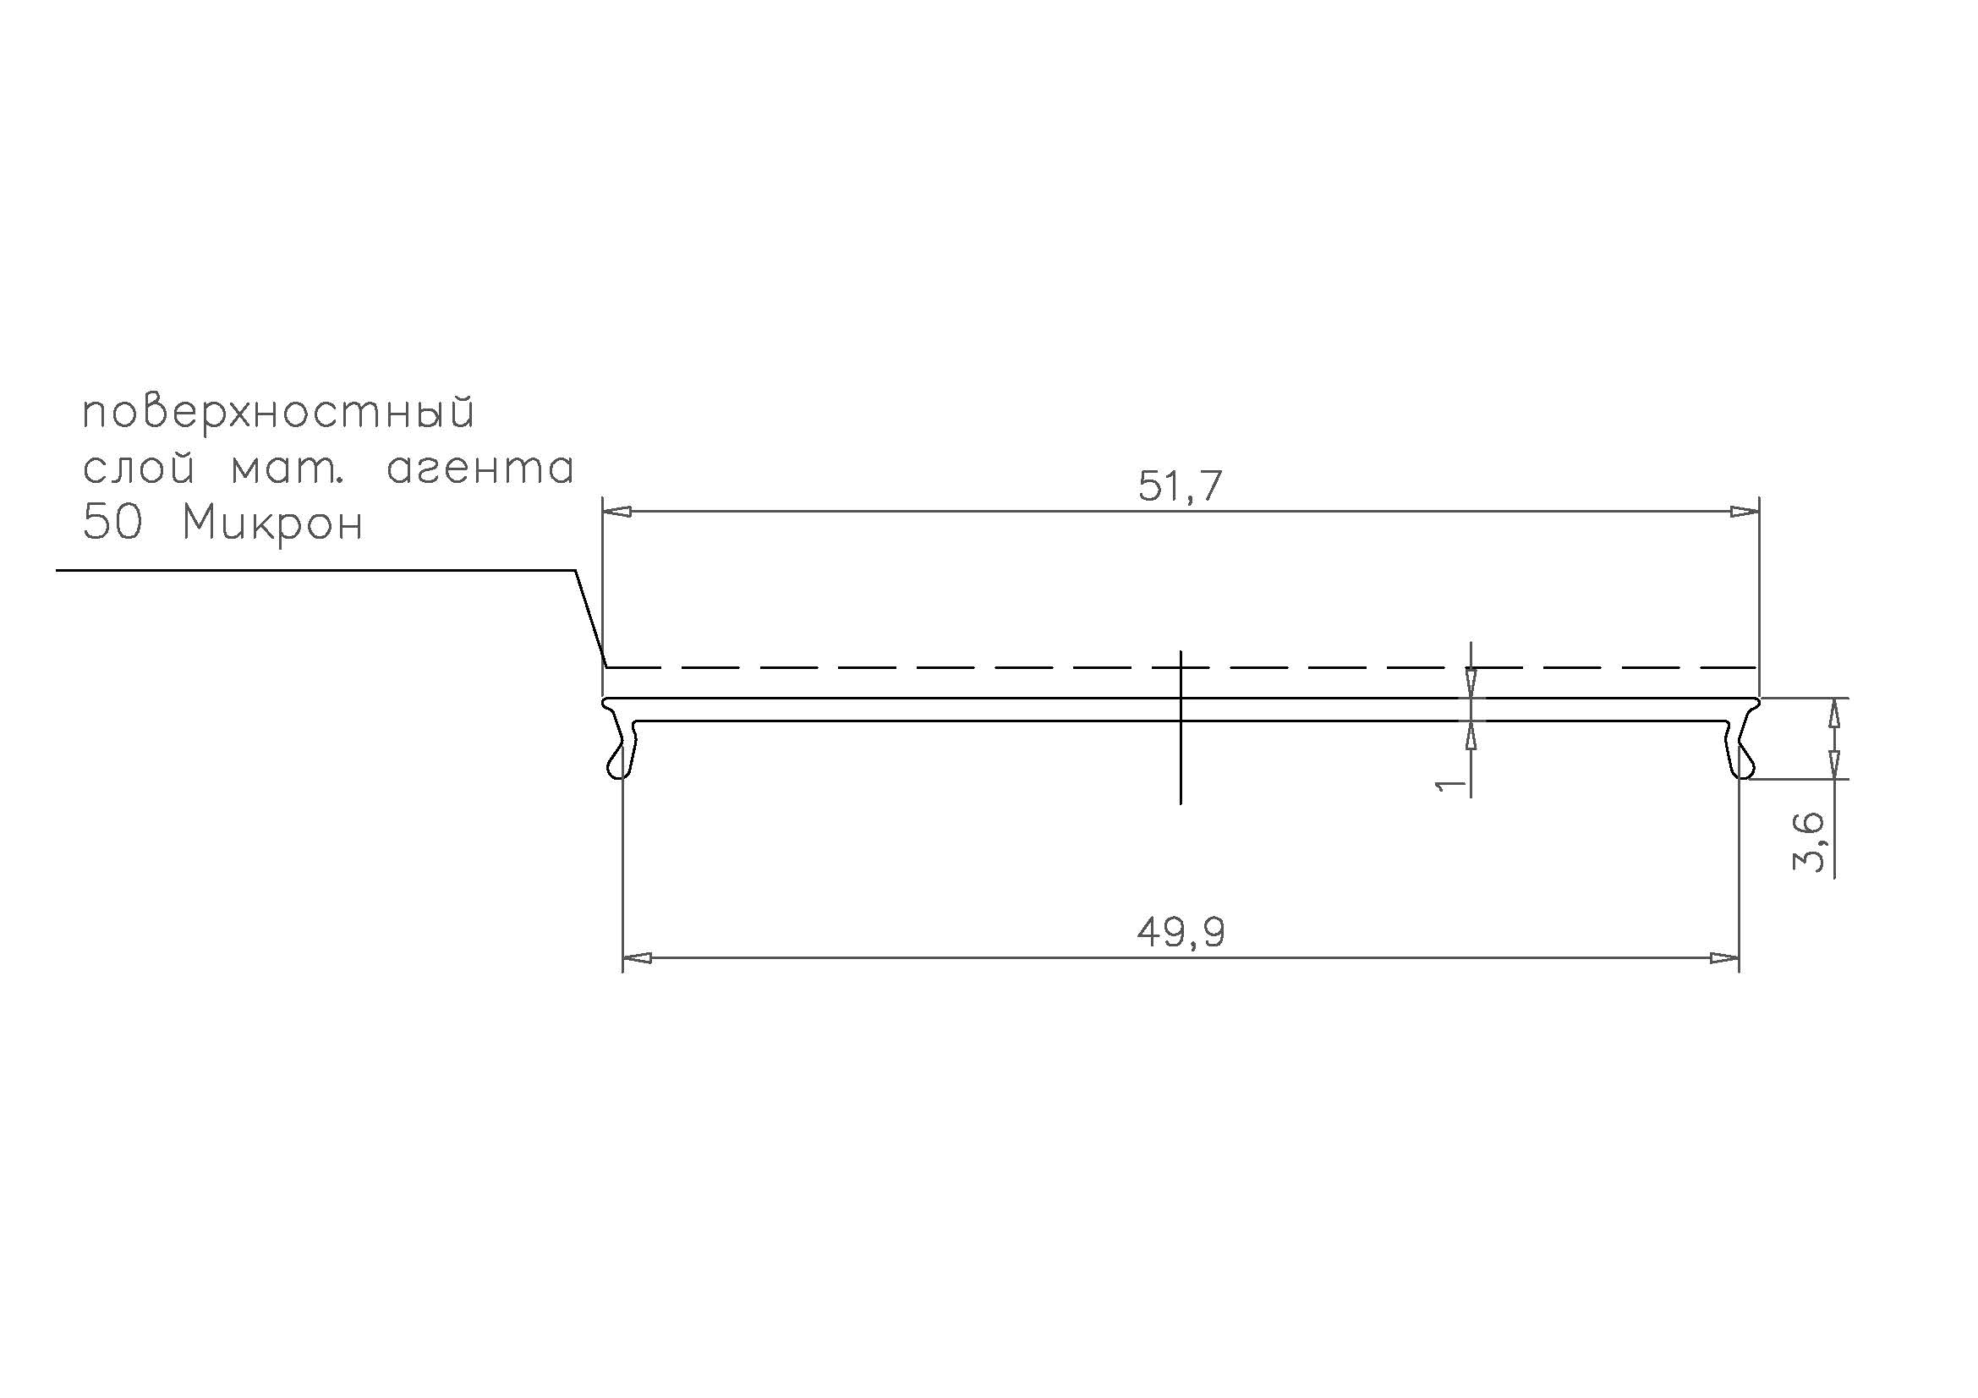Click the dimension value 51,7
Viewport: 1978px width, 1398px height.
pos(1180,486)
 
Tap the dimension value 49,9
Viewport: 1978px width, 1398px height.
pos(1181,932)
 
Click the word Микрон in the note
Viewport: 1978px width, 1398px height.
pos(272,524)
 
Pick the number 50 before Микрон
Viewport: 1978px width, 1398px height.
pos(111,524)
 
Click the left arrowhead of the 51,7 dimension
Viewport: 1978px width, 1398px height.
pos(616,512)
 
